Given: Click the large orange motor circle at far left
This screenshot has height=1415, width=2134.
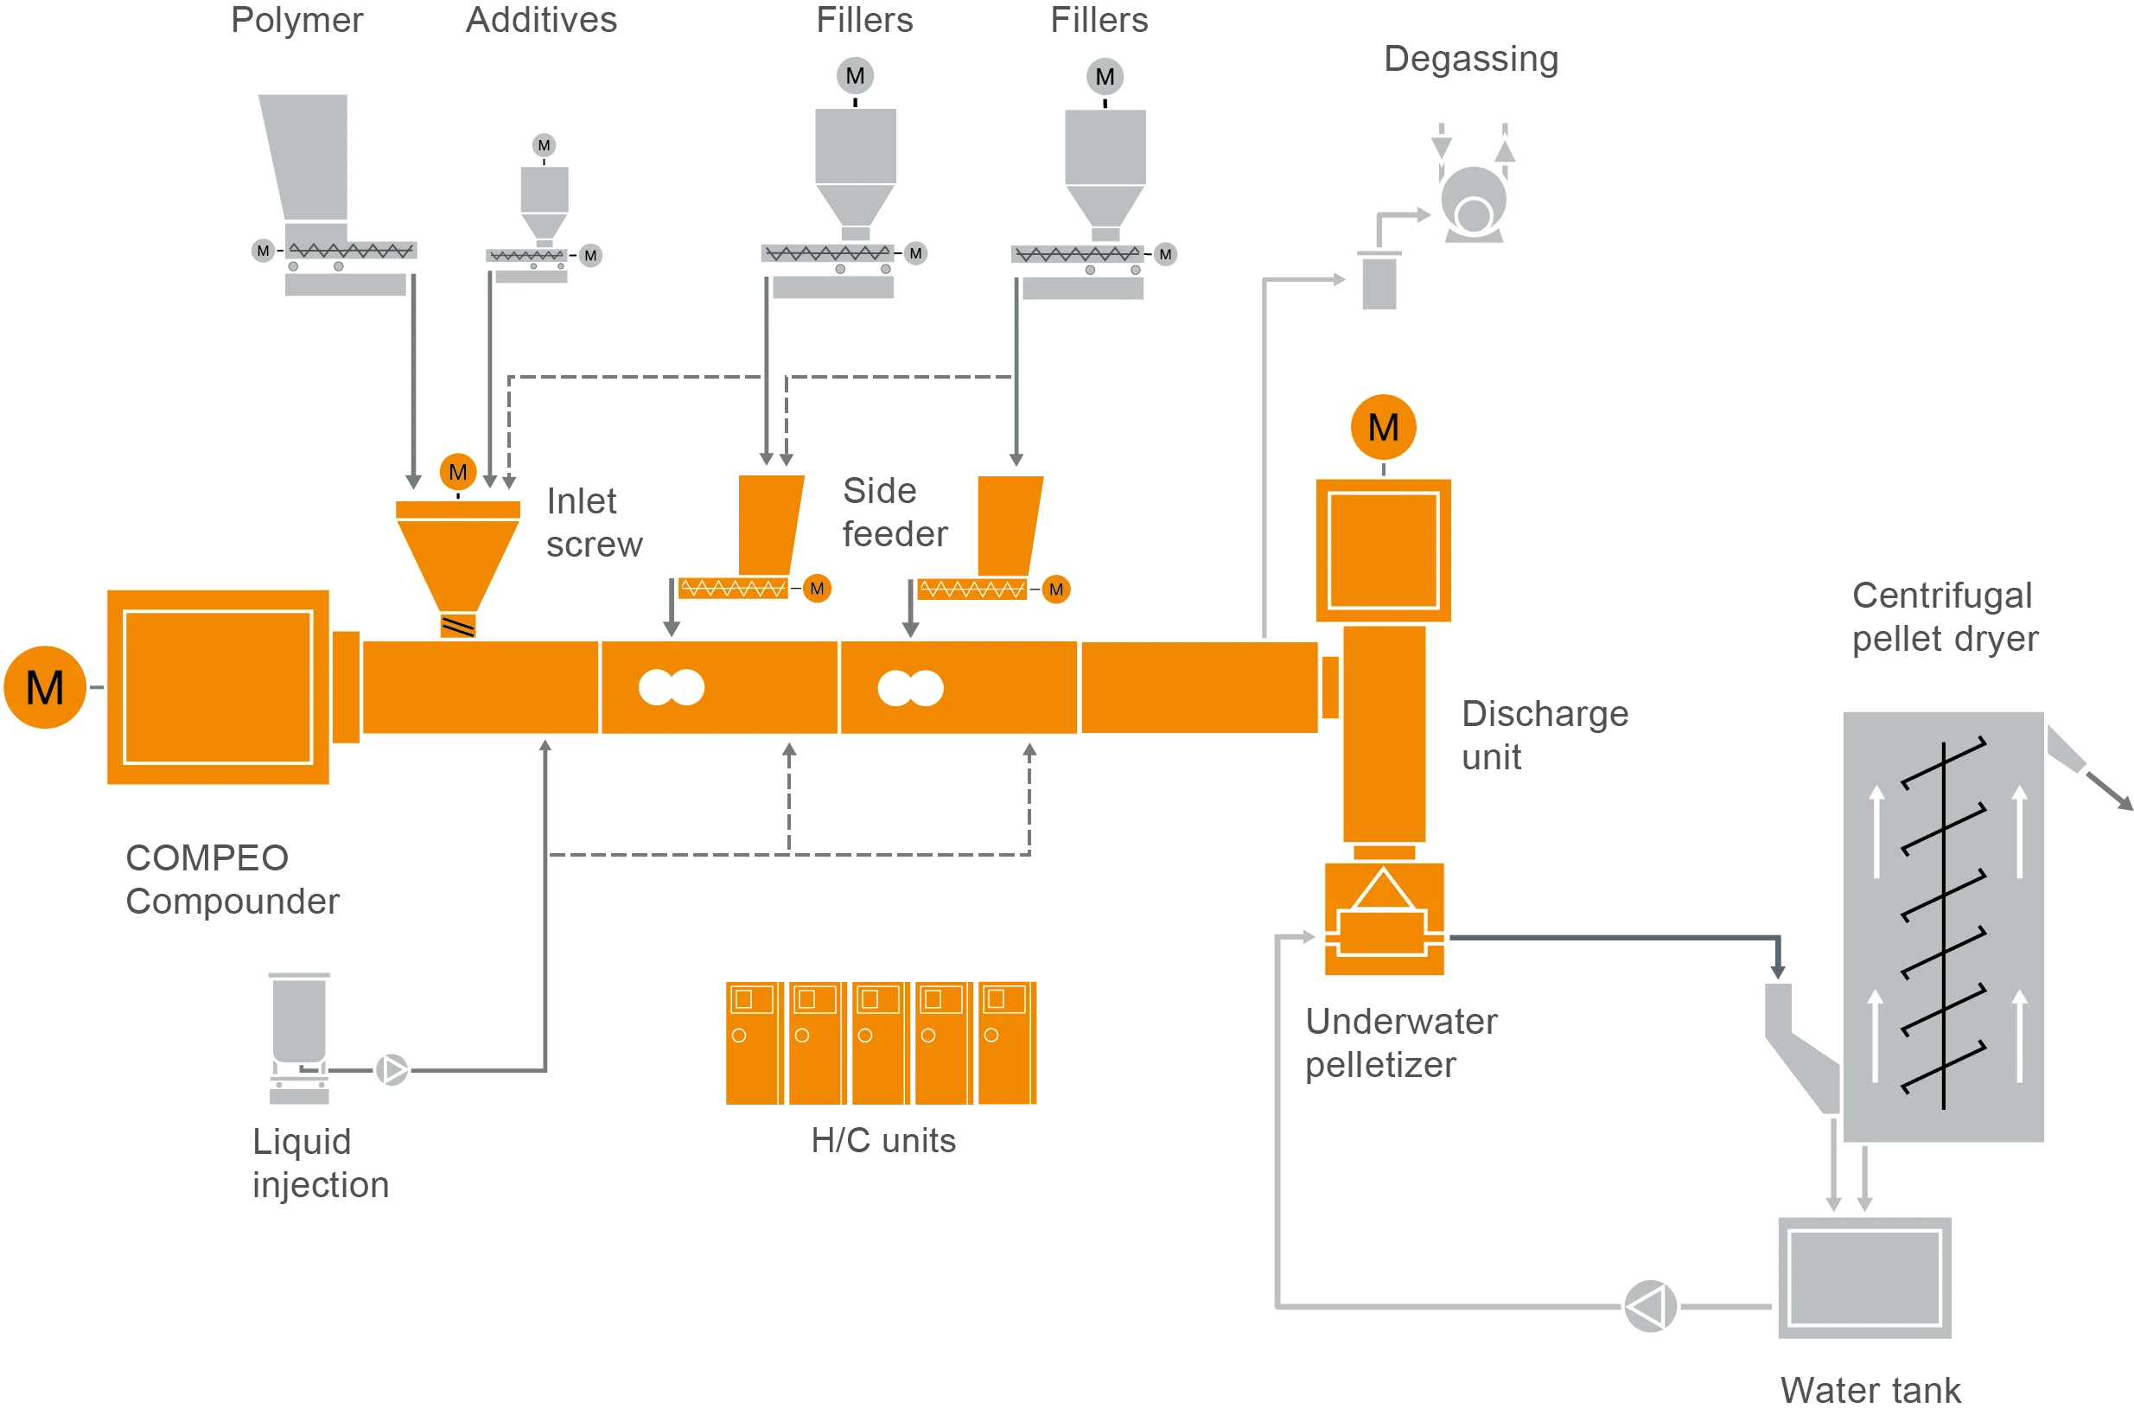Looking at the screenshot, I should tap(45, 688).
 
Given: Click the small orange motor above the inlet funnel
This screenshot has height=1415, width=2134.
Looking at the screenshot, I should tap(457, 472).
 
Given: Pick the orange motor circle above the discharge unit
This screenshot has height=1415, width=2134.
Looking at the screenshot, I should tap(1382, 427).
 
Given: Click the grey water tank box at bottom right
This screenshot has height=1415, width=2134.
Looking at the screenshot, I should tap(1864, 1278).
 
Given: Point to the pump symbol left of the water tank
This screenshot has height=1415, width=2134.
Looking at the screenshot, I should tap(1649, 1306).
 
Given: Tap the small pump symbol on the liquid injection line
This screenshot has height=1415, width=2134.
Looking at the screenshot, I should tap(392, 1070).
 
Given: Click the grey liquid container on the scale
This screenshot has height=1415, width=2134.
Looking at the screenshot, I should tap(299, 1020).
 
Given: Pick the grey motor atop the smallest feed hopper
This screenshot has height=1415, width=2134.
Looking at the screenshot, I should tap(543, 145).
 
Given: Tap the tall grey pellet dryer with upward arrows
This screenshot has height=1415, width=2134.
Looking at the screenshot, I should tap(1943, 927).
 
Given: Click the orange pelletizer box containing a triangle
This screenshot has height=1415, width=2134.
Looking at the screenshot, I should tap(1383, 918).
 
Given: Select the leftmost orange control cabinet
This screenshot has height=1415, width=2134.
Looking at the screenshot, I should tap(752, 1043).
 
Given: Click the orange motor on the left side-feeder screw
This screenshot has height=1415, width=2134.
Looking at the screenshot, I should tap(817, 590).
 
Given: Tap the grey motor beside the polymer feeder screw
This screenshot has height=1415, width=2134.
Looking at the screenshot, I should tap(263, 251).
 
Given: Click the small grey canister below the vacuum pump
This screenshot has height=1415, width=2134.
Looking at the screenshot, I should tap(1378, 283).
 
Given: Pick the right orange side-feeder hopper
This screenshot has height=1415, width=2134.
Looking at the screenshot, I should tap(1007, 524).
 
